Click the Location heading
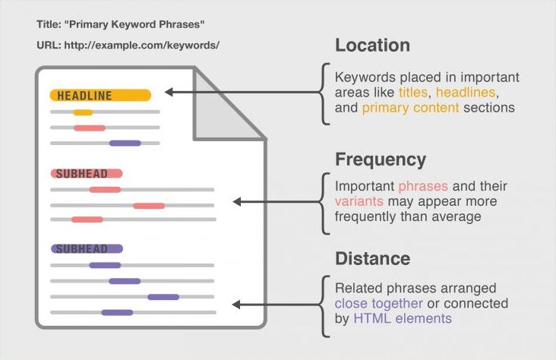tap(372, 46)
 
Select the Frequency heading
tap(381, 160)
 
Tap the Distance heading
tap(373, 258)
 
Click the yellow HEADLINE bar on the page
tap(100, 96)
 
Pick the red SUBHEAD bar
tap(87, 173)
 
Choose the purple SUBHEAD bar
tap(87, 248)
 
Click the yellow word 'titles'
tap(413, 92)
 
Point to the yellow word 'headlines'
tap(466, 92)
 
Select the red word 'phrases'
tap(423, 187)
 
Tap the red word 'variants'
tap(359, 201)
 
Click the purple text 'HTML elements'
tap(403, 318)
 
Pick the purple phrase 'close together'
tap(379, 304)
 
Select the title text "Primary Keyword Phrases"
tap(134, 24)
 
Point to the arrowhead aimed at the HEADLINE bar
tap(169, 92)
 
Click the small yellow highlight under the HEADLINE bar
tap(83, 112)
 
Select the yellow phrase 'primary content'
tap(410, 108)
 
